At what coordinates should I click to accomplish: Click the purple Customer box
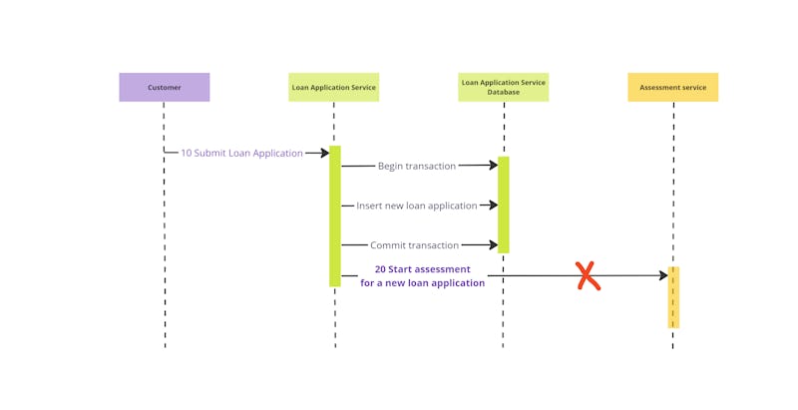(165, 87)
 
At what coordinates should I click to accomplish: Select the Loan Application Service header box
(333, 87)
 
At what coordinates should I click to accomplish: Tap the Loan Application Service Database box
(503, 87)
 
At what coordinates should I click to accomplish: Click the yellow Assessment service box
(672, 87)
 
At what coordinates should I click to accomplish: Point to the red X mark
(588, 276)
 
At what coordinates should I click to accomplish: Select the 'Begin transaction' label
(416, 167)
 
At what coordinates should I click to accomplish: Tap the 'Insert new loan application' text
(416, 205)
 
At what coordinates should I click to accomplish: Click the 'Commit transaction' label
(414, 245)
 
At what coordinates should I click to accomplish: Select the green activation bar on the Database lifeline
(504, 205)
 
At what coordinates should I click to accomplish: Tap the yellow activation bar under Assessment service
(673, 297)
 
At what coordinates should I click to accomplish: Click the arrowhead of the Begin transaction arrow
(492, 166)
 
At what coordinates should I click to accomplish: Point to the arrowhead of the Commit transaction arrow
(492, 244)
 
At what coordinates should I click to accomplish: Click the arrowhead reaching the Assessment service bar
(662, 275)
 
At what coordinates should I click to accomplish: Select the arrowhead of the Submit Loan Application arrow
(323, 153)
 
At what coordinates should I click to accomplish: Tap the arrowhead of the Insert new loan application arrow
(492, 205)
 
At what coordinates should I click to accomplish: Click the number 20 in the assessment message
(381, 269)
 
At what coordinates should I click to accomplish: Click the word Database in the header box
(503, 92)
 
